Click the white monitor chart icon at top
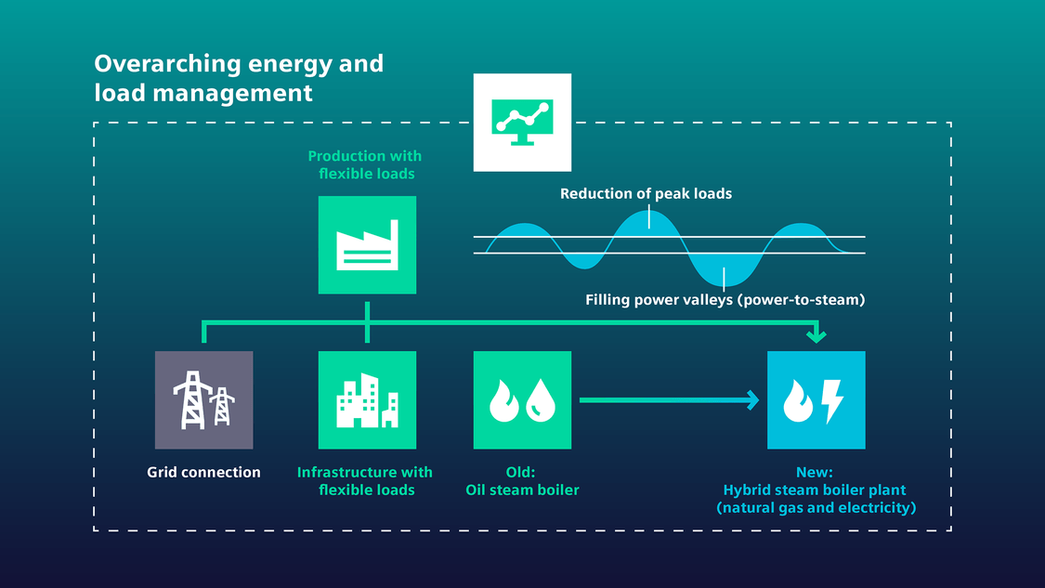tap(522, 123)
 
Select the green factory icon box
tap(367, 245)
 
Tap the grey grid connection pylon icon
tap(203, 400)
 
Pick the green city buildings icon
tap(367, 400)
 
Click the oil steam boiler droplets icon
tap(522, 400)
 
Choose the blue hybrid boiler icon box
tap(816, 400)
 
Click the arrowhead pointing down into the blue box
tap(816, 335)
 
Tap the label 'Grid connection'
tap(203, 473)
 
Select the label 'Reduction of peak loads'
tap(646, 194)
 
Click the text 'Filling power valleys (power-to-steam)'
tap(725, 300)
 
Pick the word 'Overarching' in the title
tap(166, 64)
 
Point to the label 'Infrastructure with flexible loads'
tap(365, 481)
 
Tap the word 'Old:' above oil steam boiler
tap(522, 473)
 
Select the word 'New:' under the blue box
tap(816, 473)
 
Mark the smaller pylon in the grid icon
tap(222, 407)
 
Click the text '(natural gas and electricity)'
tap(816, 508)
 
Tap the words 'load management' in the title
tap(203, 93)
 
